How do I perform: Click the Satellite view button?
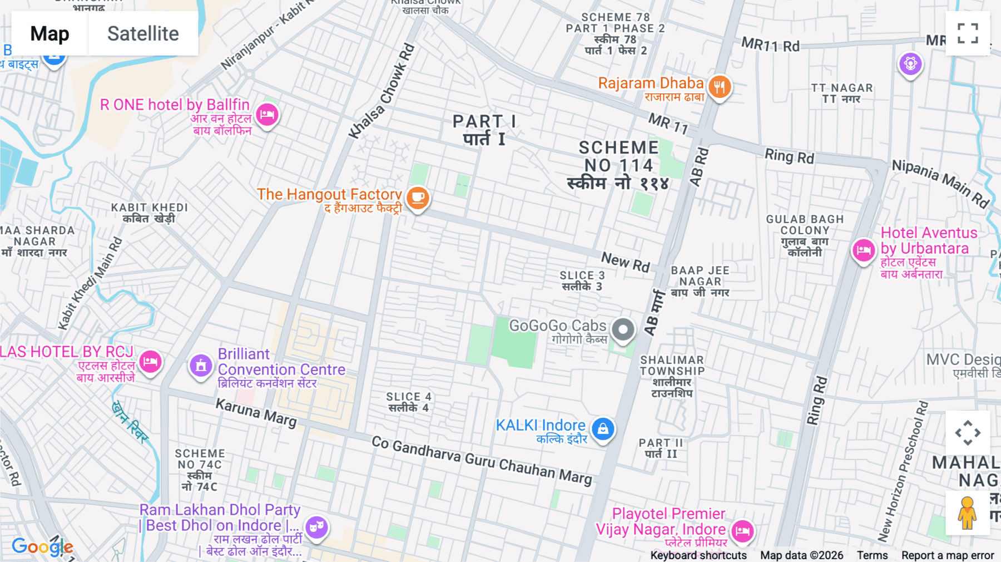coord(143,33)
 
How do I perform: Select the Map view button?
coord(49,33)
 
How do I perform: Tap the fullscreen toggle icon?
coord(968,33)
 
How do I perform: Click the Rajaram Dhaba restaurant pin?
coord(720,87)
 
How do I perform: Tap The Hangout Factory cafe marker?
coord(418,198)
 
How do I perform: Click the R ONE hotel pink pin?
coord(267,115)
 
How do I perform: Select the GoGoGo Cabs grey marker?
coord(623,329)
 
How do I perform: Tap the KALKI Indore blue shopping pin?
coord(603,429)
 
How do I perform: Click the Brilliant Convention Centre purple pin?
coord(201,366)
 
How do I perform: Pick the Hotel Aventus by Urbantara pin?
coord(863,250)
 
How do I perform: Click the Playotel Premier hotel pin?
coord(742,531)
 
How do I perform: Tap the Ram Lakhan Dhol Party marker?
coord(316,526)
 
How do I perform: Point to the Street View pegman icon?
coord(967,513)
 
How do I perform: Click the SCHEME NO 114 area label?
coord(618,165)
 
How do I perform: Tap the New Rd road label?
coord(626,262)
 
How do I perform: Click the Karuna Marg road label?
coord(256,412)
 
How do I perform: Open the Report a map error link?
coord(947,555)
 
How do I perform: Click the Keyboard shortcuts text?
coord(698,555)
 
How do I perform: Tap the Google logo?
coord(42,547)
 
